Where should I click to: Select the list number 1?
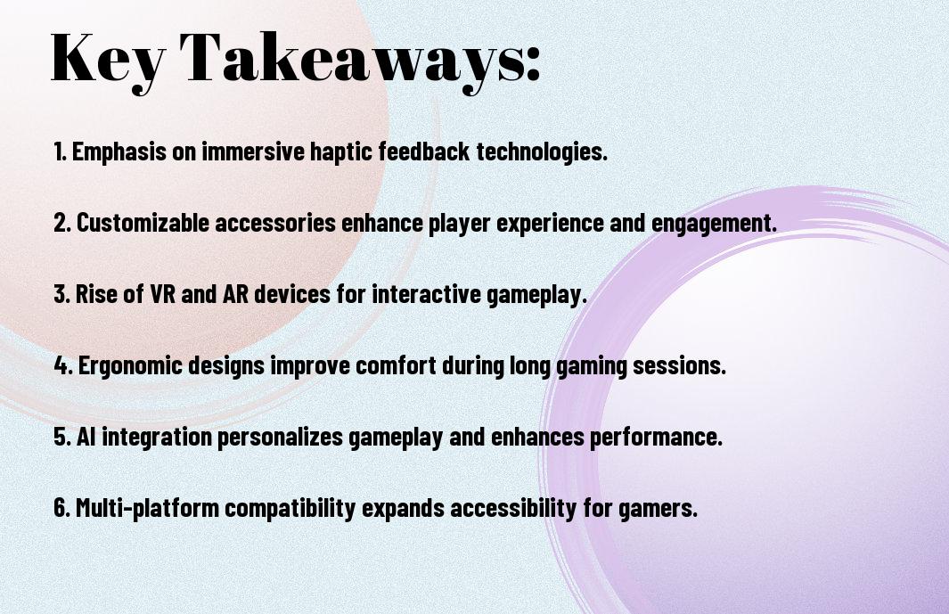(60, 151)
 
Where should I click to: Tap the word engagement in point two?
(714, 224)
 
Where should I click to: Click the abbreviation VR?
(163, 294)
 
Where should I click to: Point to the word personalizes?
(280, 438)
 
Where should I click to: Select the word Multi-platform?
(148, 508)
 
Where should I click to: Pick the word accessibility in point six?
(513, 508)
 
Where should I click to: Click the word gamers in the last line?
(658, 509)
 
